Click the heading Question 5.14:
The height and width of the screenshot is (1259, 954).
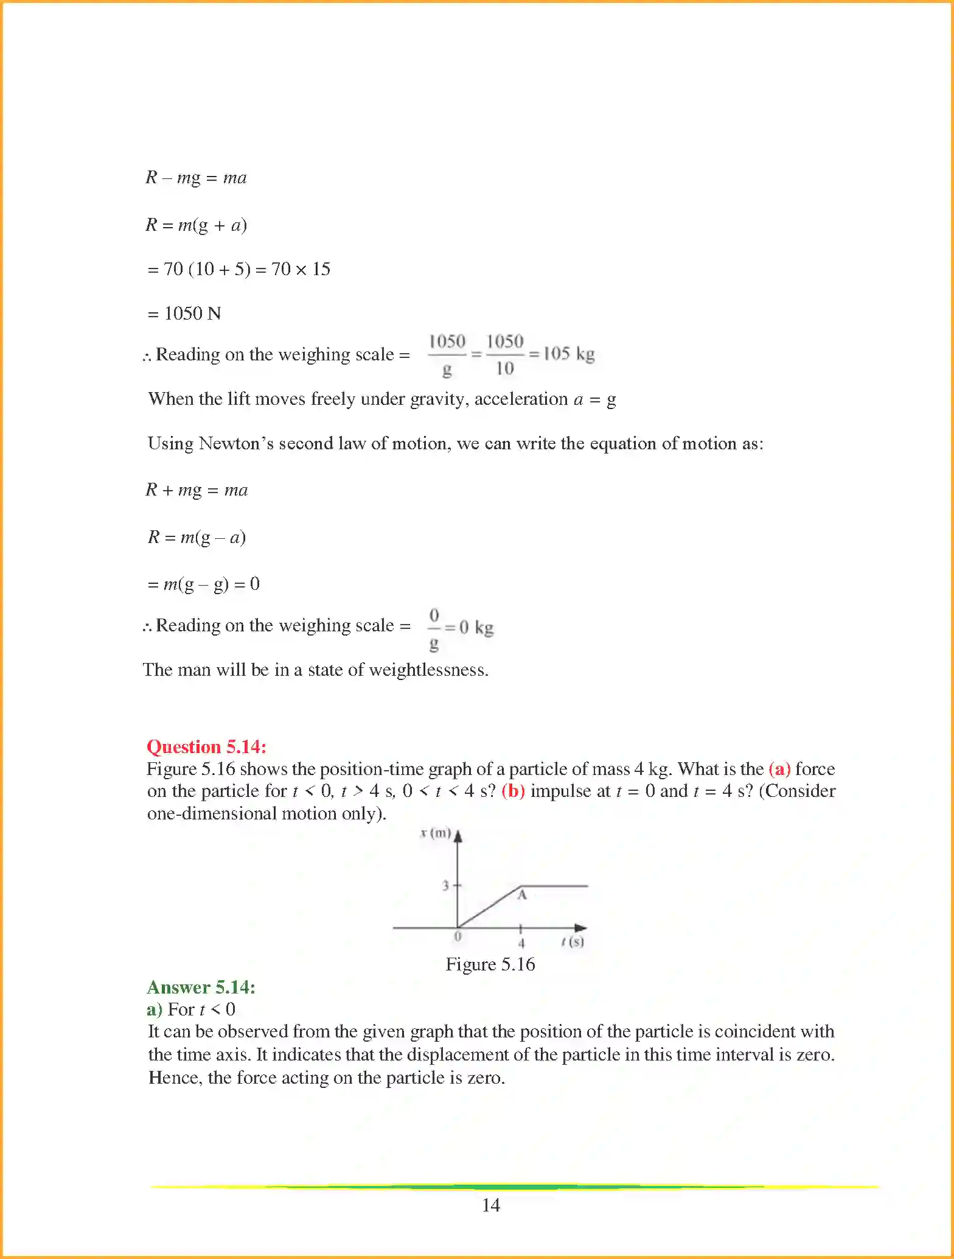pyautogui.click(x=206, y=746)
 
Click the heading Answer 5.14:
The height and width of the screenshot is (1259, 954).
pyautogui.click(x=201, y=987)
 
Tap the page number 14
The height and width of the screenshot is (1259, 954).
pyautogui.click(x=490, y=1205)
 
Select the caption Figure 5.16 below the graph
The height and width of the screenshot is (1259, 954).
pyautogui.click(x=490, y=964)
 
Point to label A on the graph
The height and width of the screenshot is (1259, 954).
pyautogui.click(x=521, y=895)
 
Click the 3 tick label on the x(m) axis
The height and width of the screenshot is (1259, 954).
pyautogui.click(x=445, y=886)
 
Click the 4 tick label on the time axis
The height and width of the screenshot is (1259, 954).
pyautogui.click(x=521, y=944)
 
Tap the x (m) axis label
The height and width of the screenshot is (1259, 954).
pyautogui.click(x=436, y=833)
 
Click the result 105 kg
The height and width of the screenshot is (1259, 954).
pyautogui.click(x=568, y=354)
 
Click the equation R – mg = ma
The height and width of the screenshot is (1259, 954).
pyautogui.click(x=196, y=178)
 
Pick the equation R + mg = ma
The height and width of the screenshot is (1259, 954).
pyautogui.click(x=197, y=490)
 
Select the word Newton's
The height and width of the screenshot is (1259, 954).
pyautogui.click(x=236, y=443)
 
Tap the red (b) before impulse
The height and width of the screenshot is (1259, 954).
pyautogui.click(x=513, y=791)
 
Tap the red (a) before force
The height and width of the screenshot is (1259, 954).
pyautogui.click(x=779, y=769)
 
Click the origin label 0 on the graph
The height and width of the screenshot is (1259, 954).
pyautogui.click(x=458, y=936)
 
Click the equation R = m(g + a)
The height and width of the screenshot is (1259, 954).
pyautogui.click(x=196, y=225)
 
